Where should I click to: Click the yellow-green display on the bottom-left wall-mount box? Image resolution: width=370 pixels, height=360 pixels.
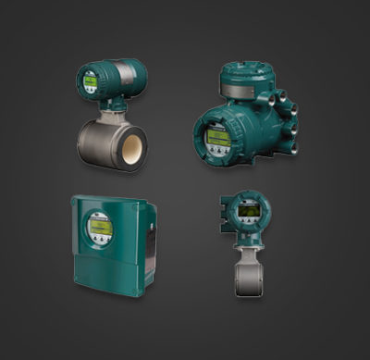[x=99, y=228]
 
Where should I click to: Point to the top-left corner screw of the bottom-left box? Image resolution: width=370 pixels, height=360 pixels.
[x=77, y=201]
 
